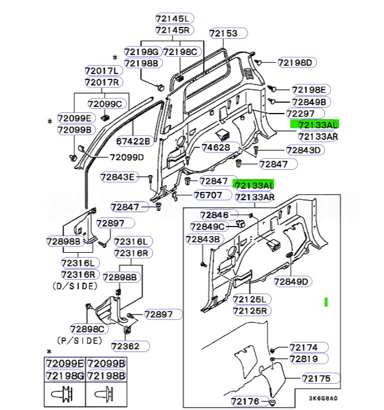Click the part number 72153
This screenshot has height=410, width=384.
coord(223,33)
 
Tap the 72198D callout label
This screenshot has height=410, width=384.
coord(298,62)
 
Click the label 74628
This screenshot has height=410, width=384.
coord(215,147)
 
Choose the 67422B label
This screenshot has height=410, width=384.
coord(135,142)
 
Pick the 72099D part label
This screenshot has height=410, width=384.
coord(126,157)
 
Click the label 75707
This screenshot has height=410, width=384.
coord(208,195)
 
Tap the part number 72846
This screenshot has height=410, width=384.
coord(214,215)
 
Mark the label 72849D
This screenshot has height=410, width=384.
coord(291,282)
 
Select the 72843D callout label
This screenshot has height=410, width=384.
coord(303,150)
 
